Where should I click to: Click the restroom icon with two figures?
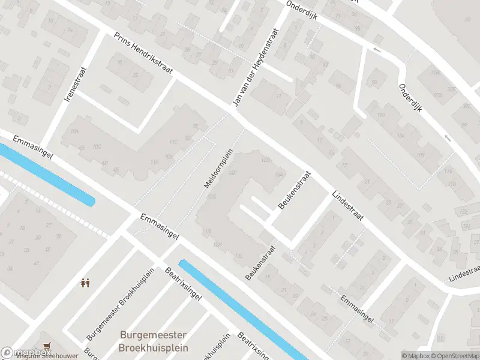tap(85, 282)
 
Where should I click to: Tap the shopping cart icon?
tap(47, 346)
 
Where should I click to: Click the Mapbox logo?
tap(16, 353)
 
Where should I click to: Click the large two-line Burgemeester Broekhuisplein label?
tap(154, 341)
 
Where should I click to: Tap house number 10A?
tap(74, 130)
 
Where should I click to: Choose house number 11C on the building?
tap(173, 142)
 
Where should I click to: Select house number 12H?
tap(218, 244)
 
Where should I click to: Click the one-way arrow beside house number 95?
tap(377, 49)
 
